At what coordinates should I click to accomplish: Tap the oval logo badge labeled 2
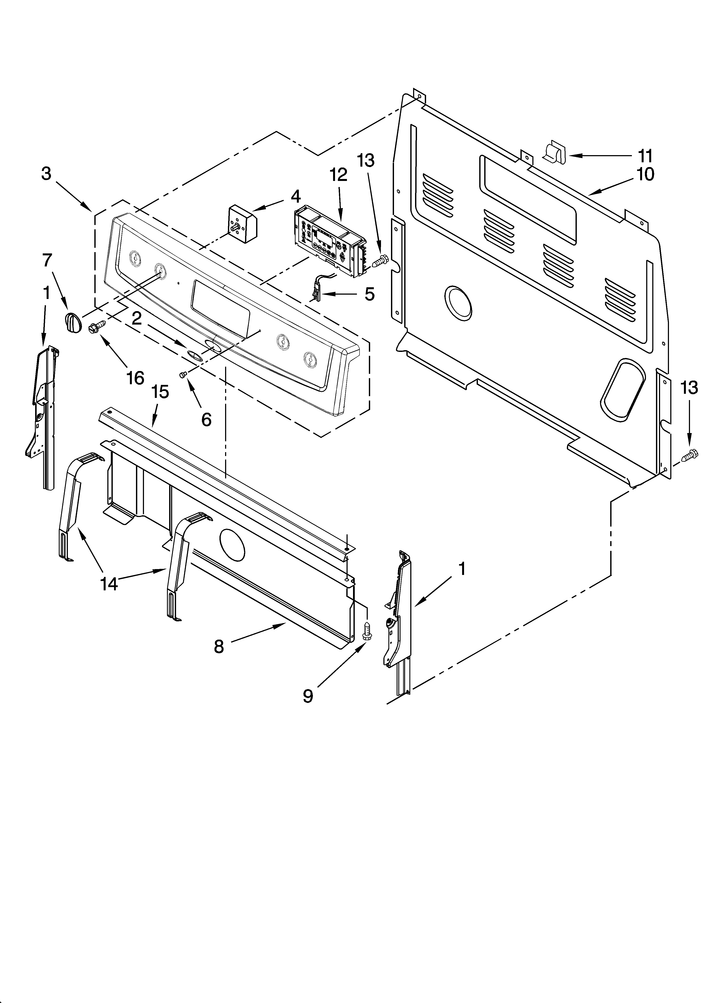pos(195,354)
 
